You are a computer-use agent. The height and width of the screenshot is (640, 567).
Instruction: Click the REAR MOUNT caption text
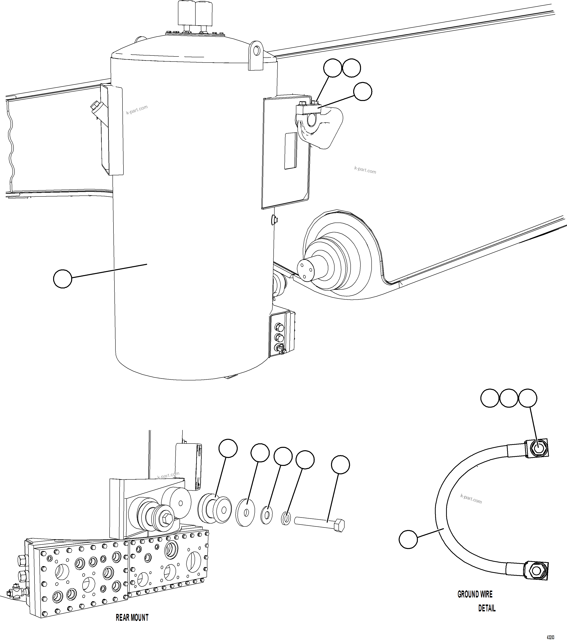tap(132, 617)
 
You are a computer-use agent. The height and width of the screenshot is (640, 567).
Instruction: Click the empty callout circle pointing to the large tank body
tap(63, 279)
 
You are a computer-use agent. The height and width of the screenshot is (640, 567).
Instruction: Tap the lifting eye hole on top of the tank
tap(257, 50)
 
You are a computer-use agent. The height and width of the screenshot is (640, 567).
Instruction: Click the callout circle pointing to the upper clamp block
tap(363, 91)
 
